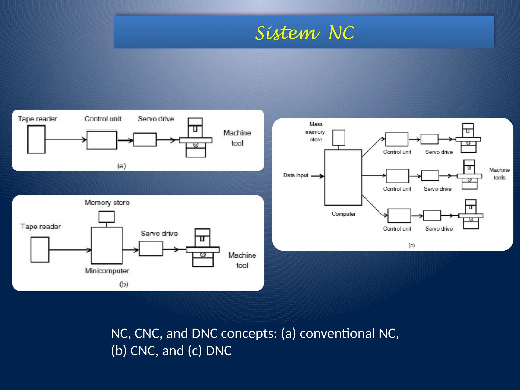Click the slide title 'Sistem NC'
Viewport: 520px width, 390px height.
[304, 33]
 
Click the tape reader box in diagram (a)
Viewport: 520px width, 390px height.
[36, 140]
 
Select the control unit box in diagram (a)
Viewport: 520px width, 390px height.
[102, 140]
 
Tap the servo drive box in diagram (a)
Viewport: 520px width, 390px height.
[145, 140]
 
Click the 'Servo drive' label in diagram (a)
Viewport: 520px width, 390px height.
[156, 119]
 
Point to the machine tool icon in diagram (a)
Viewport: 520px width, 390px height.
[196, 138]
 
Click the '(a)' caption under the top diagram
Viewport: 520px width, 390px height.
[121, 166]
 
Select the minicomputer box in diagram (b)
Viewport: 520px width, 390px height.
[107, 246]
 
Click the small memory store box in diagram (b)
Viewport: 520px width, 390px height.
[106, 217]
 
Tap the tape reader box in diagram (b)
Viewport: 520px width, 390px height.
[40, 249]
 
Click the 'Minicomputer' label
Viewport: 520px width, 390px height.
[107, 271]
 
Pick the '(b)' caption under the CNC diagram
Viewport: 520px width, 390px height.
[124, 284]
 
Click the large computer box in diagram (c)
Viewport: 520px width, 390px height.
[343, 177]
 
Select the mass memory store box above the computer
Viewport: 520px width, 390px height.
[339, 138]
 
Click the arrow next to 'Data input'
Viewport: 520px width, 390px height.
[317, 176]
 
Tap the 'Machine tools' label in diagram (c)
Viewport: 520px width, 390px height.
[499, 174]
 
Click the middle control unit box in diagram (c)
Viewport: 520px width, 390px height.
[397, 176]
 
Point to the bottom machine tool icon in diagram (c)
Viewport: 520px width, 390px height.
[471, 215]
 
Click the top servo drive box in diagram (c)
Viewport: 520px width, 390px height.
[429, 139]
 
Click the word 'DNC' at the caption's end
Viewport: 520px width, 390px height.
[219, 351]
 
